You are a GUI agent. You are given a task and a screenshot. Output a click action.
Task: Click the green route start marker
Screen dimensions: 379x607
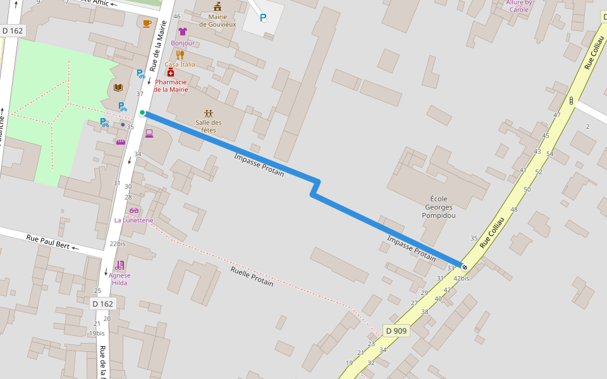142,113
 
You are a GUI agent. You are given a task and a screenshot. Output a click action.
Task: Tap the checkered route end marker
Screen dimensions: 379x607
465,267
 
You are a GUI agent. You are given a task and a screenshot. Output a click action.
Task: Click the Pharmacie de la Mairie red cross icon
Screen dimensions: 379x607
171,73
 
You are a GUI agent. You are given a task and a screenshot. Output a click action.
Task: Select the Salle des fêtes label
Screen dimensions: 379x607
209,126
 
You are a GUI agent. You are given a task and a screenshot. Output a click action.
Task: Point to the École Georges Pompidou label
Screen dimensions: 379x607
439,207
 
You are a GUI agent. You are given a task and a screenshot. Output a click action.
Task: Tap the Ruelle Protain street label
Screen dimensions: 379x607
252,276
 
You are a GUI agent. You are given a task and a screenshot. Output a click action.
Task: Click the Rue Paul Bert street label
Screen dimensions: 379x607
48,241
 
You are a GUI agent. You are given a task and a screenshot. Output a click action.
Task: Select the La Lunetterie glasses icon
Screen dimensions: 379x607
133,210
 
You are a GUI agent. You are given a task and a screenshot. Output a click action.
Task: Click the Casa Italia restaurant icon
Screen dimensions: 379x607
180,55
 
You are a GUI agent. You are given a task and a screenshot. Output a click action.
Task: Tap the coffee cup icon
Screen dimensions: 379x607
147,23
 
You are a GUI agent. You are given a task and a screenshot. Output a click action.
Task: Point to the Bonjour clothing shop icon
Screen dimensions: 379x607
183,32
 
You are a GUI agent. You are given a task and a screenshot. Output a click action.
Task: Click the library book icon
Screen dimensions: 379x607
118,87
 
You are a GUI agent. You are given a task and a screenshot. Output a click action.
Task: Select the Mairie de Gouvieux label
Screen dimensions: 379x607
218,20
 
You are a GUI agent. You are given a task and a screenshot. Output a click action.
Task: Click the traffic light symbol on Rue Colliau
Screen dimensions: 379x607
571,100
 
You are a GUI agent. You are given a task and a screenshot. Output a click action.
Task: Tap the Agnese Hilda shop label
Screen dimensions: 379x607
120,279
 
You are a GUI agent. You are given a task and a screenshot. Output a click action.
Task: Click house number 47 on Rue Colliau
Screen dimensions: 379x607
556,115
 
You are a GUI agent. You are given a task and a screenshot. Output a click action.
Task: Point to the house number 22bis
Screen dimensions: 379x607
117,243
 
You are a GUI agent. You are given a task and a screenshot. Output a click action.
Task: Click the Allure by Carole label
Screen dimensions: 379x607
518,6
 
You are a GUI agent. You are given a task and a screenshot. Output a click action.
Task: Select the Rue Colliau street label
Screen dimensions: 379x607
492,232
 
